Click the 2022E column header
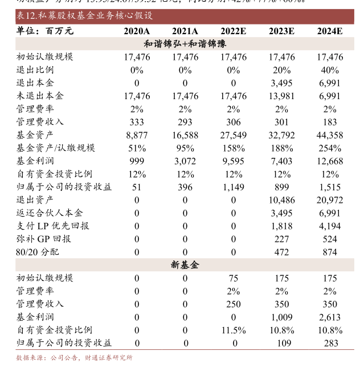234,31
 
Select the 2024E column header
330,31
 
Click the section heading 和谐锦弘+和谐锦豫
185,44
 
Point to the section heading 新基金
185,265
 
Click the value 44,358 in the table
330,135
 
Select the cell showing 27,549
234,135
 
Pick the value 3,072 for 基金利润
185,161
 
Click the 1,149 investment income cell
234,187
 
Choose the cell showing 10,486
281,200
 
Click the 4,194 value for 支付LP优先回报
330,226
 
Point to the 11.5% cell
234,330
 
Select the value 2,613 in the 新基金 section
330,317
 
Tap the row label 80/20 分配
38,252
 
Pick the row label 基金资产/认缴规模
56,148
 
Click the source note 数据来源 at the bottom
74,358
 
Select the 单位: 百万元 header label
45,31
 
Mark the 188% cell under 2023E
281,148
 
